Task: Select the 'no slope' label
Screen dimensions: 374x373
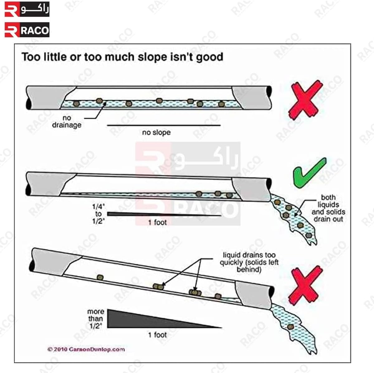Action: pos(156,133)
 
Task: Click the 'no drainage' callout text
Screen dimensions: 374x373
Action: pos(67,122)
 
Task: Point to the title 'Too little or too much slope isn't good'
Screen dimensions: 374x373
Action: pos(122,57)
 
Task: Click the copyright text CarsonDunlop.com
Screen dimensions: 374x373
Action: pos(86,349)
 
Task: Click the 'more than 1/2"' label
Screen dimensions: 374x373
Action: pos(96,319)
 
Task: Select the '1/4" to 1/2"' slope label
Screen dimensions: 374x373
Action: pos(98,214)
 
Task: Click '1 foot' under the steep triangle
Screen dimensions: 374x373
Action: pos(157,335)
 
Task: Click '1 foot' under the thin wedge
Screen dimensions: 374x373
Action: pos(157,222)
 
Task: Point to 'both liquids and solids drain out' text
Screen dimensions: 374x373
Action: pos(328,208)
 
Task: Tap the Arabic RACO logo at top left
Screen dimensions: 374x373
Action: pos(27,9)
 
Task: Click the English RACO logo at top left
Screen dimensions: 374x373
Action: pos(27,30)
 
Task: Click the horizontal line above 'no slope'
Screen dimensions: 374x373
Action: pos(164,125)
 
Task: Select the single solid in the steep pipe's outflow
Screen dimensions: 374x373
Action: pos(290,327)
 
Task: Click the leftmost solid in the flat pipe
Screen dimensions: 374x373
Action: pos(76,104)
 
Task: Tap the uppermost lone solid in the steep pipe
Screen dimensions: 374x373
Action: pos(100,277)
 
